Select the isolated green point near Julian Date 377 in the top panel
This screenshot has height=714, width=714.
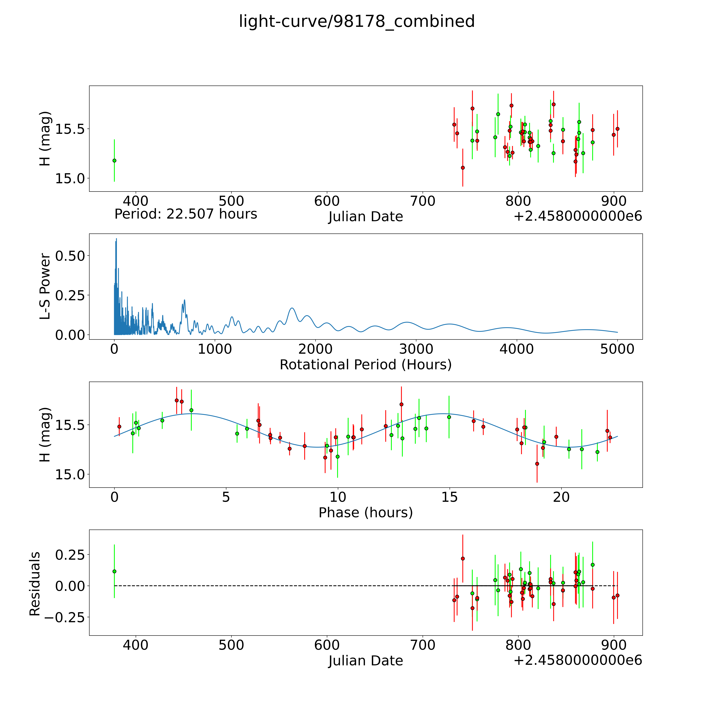coord(114,160)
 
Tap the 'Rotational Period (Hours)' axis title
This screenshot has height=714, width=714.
coord(365,365)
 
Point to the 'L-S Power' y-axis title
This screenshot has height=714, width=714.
coord(45,286)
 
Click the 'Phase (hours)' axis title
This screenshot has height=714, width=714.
coord(365,513)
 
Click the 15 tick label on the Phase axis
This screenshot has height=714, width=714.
coord(449,497)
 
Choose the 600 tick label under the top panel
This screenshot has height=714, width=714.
coord(327,201)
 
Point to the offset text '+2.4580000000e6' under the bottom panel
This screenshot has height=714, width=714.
coord(578,660)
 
